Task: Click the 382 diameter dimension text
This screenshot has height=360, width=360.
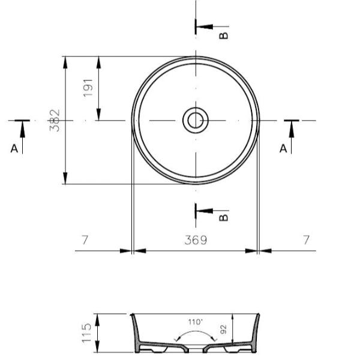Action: pos(55,120)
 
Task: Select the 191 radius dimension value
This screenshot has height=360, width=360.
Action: pos(89,89)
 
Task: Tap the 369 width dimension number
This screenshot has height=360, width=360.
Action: pos(196,240)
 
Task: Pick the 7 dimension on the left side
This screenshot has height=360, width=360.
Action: pos(85,240)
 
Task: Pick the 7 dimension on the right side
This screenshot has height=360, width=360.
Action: pos(307,240)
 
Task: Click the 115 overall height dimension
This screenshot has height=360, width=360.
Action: pos(87,333)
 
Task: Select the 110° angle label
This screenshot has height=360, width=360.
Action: pos(195,322)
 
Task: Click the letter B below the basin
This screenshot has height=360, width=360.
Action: pos(224,217)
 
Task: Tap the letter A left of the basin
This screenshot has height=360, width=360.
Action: pos(14,148)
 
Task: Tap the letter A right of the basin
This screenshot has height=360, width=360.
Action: pos(284,148)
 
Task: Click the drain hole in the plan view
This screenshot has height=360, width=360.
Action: pos(195,120)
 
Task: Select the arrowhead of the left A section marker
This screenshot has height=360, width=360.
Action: pos(22,125)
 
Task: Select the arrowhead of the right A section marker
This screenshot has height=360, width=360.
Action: pos(292,125)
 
